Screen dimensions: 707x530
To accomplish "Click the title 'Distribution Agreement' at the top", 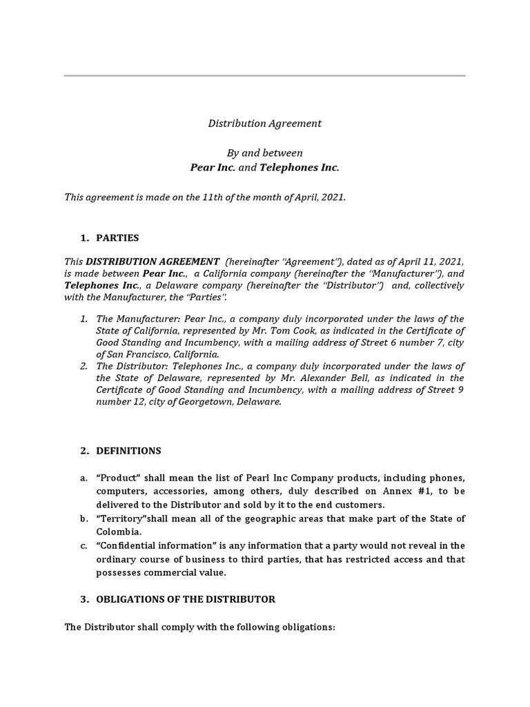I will pyautogui.click(x=265, y=124).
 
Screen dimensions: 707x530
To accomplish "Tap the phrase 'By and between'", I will pyautogui.click(x=265, y=153).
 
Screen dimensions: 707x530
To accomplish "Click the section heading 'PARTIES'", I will pyautogui.click(x=117, y=238).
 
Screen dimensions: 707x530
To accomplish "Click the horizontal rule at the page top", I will pyautogui.click(x=265, y=75).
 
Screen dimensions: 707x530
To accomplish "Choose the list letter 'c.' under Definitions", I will pyautogui.click(x=84, y=545).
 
